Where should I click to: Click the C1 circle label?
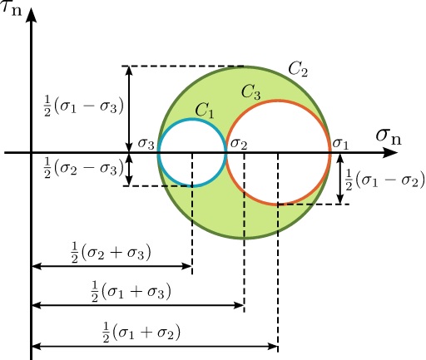coord(205,111)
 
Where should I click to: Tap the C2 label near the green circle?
coord(298,69)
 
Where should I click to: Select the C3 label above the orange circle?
coord(251,92)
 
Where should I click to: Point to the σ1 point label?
coord(340,144)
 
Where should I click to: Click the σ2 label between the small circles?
coord(239,144)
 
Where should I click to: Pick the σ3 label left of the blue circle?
coord(146,144)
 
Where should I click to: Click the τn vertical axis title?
coord(11,9)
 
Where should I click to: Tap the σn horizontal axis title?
coord(389,137)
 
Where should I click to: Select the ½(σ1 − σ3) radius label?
coord(83,106)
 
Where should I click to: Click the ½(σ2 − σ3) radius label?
coord(83,168)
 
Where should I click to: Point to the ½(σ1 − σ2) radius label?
coord(384,180)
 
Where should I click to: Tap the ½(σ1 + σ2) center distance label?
coord(141,332)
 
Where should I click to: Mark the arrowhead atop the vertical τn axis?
coord(32,14)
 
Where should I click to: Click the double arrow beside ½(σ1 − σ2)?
coord(340,179)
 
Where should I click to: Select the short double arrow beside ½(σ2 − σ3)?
coord(128,169)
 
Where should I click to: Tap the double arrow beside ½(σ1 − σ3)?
coord(128,109)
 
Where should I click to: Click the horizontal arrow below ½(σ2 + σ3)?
coord(111,266)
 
